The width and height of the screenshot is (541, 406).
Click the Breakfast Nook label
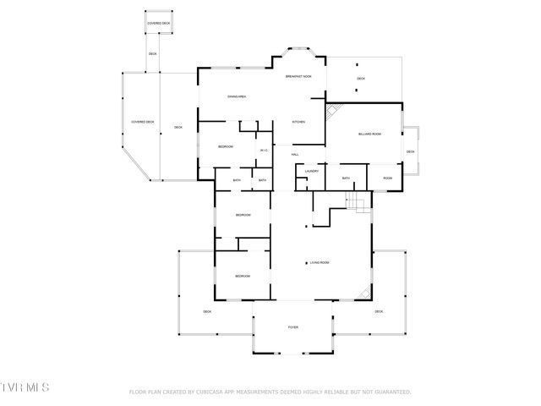(299, 77)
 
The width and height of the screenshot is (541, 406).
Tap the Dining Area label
(237, 97)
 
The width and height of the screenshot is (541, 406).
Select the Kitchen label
(298, 123)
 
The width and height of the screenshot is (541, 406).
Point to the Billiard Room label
(370, 134)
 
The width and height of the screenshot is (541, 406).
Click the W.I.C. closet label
(265, 151)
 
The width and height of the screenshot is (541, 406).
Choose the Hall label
(295, 154)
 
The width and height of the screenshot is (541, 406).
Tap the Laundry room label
(311, 171)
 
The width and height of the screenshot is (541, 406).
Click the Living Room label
(319, 263)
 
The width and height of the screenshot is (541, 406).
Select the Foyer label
(293, 326)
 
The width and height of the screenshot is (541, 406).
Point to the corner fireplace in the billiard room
(334, 110)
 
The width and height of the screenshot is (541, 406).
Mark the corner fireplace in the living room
(364, 292)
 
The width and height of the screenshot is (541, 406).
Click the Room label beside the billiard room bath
(387, 178)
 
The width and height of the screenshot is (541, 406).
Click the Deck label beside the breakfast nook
(361, 79)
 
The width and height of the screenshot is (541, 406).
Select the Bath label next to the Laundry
(346, 178)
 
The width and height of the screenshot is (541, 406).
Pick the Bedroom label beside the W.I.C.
(226, 147)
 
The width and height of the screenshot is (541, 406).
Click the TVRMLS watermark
(25, 387)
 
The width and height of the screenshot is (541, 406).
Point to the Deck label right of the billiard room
(410, 152)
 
